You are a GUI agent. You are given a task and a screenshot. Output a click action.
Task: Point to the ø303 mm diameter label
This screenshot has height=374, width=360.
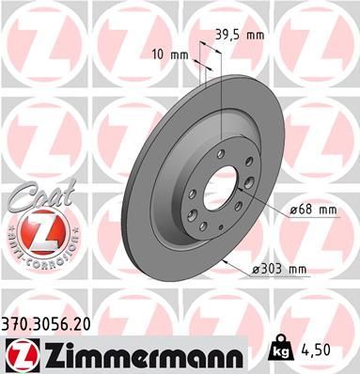279,269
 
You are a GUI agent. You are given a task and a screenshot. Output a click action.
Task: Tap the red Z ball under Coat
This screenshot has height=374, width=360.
35,231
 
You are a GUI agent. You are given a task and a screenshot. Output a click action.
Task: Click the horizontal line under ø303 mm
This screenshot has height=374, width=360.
279,279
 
